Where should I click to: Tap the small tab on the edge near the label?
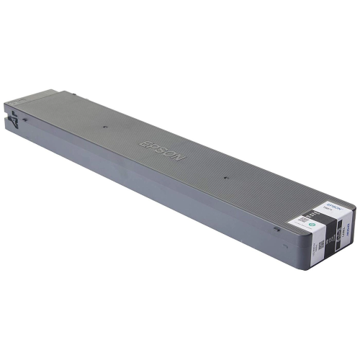point(276,229)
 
